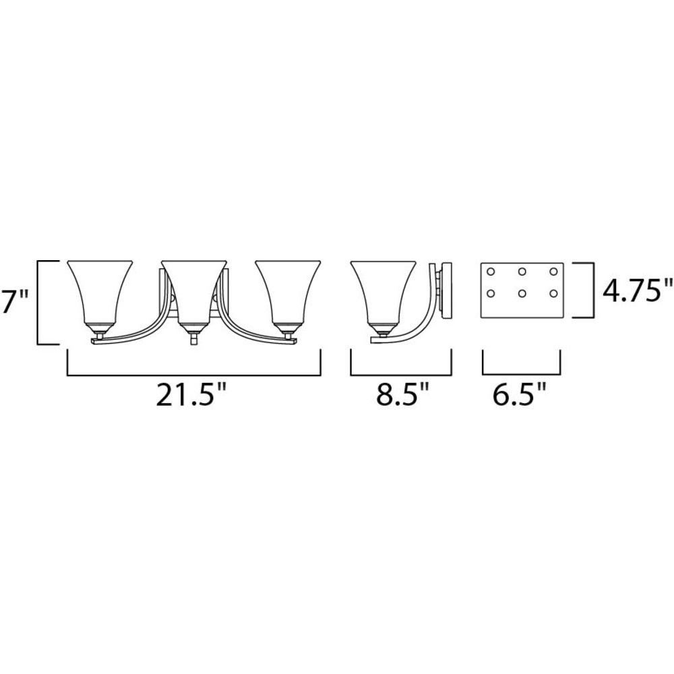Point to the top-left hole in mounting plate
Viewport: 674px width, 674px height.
point(491,272)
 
